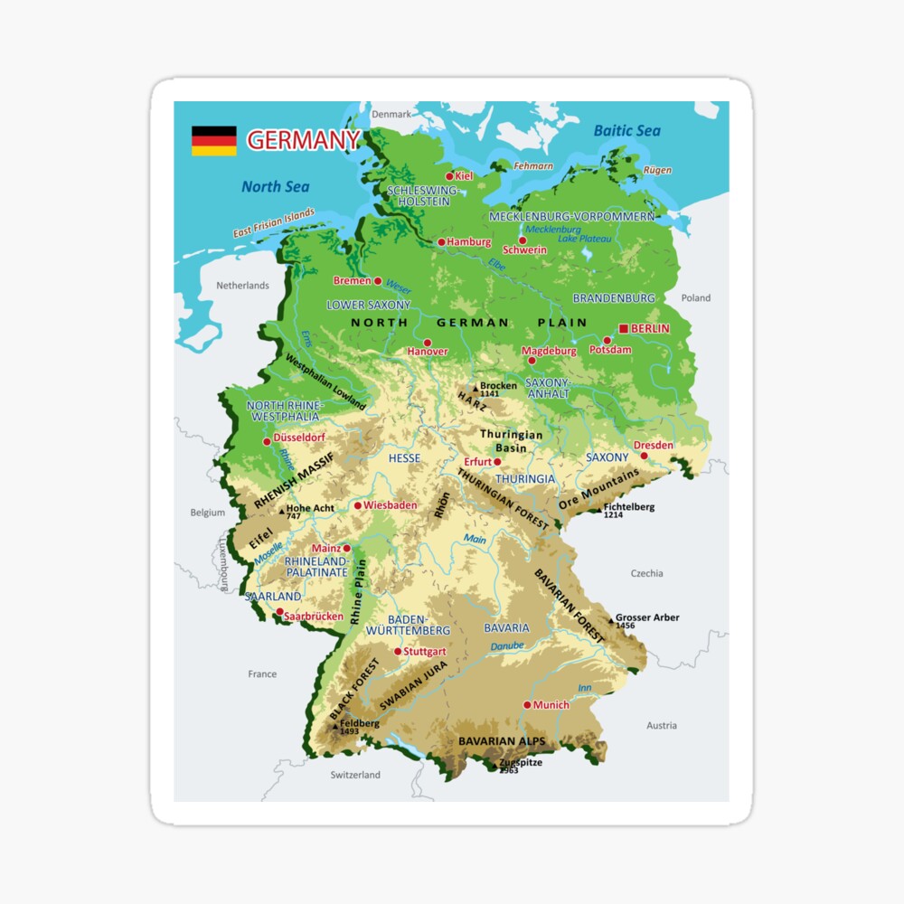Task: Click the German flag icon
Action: click(213, 141)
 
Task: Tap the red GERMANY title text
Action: click(303, 140)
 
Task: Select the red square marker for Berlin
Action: click(624, 328)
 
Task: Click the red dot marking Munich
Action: click(527, 705)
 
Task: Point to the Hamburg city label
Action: click(469, 242)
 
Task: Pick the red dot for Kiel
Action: click(449, 176)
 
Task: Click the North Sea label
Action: click(275, 187)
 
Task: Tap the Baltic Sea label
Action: click(626, 131)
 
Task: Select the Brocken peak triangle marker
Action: click(476, 388)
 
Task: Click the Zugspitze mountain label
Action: click(522, 763)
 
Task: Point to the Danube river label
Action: click(507, 646)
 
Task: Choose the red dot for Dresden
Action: click(644, 456)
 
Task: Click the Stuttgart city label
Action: click(425, 651)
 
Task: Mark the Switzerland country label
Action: click(355, 775)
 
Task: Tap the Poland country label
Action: click(696, 297)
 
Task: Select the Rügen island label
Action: click(657, 170)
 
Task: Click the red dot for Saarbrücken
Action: click(279, 612)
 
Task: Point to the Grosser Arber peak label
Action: click(647, 618)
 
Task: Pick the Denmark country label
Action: click(391, 115)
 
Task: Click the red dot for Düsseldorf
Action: click(267, 441)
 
